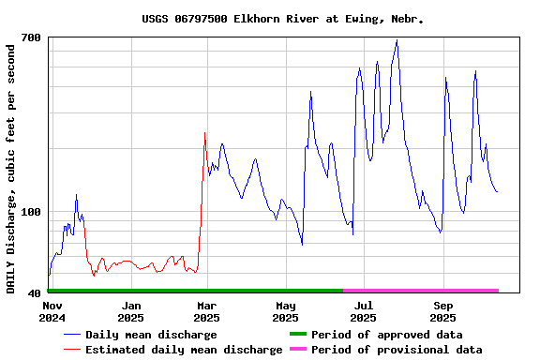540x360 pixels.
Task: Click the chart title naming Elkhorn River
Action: [283, 19]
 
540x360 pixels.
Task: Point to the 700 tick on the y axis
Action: [31, 37]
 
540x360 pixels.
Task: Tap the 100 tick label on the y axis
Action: [31, 212]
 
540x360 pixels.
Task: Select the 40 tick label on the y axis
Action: [34, 293]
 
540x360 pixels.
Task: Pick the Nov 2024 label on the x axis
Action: [52, 312]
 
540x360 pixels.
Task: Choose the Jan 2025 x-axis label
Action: [130, 312]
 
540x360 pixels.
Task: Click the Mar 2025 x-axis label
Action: [206, 312]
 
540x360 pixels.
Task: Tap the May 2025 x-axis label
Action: [285, 312]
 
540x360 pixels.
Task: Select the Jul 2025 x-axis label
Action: [363, 312]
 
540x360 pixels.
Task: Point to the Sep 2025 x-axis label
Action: [442, 312]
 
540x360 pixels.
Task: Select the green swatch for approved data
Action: [297, 335]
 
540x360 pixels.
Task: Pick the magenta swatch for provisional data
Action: [297, 350]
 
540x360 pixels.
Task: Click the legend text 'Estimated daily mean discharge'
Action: [184, 350]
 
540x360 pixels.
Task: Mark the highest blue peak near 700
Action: [397, 41]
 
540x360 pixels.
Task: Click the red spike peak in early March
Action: [205, 133]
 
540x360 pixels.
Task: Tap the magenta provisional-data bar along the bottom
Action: [420, 291]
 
